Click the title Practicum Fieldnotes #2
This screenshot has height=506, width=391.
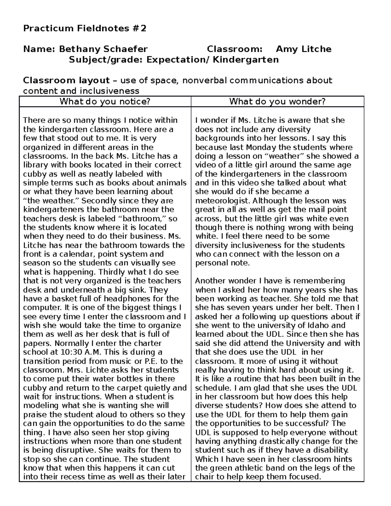(85, 28)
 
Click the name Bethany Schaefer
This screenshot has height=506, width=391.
(103, 49)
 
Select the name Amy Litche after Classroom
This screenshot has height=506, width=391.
(303, 49)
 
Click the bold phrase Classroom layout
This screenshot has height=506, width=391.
(66, 80)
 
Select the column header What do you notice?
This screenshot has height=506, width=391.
(105, 102)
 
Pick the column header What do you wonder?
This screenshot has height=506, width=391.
(277, 102)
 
